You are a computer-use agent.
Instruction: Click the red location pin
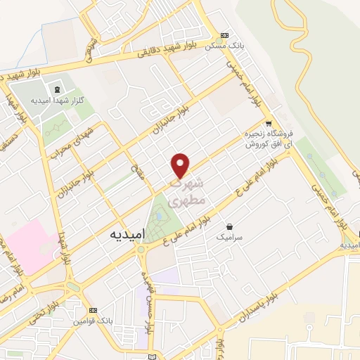pyautogui.click(x=181, y=165)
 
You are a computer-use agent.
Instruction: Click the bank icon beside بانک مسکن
pyautogui.click(x=224, y=34)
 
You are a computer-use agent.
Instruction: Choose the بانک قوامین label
pyautogui.click(x=92, y=321)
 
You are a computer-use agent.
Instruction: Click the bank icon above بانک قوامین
pyautogui.click(x=92, y=309)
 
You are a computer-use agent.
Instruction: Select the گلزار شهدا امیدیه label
pyautogui.click(x=59, y=101)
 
